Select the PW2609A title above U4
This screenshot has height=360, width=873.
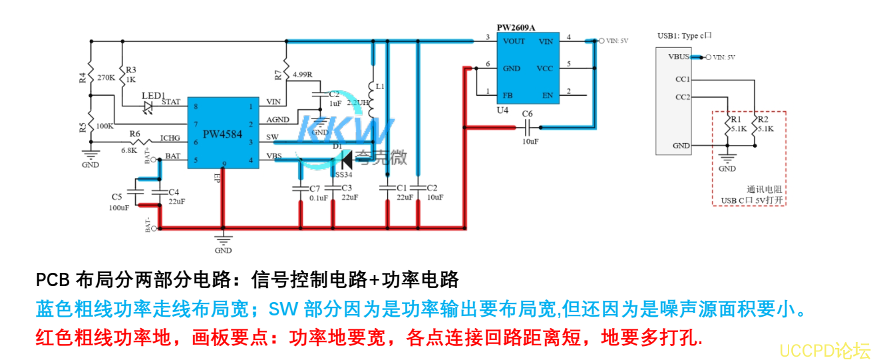(516, 27)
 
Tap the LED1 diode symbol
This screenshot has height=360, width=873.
(148, 106)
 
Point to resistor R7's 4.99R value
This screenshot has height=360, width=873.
(303, 74)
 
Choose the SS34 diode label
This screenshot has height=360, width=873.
(343, 174)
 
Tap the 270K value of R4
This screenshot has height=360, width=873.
(106, 78)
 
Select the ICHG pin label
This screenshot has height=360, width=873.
(170, 138)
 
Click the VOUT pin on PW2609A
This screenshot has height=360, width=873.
(514, 41)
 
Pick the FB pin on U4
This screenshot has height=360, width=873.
(508, 95)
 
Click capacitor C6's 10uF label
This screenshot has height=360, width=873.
(530, 142)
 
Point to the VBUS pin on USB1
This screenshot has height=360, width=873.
(678, 57)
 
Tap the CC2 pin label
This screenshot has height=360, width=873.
(682, 97)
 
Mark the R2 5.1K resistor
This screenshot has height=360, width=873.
(755, 130)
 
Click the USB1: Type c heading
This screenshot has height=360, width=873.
(684, 36)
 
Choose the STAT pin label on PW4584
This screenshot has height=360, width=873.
(171, 102)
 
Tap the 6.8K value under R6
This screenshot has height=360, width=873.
(128, 150)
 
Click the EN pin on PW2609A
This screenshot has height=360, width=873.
(548, 95)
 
